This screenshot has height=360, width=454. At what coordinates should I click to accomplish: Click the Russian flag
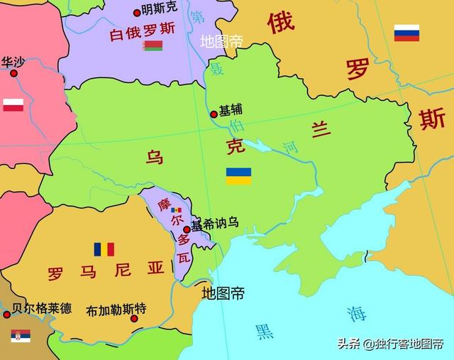(406, 33)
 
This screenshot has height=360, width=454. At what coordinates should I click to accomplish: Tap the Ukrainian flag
(238, 176)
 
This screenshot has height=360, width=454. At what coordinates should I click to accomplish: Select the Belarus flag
(153, 46)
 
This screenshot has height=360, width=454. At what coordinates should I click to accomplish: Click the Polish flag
(13, 105)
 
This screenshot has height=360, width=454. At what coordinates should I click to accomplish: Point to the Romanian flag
(104, 249)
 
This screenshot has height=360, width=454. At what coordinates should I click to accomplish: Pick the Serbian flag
(21, 335)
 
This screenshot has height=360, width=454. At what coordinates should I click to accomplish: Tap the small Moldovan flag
(176, 210)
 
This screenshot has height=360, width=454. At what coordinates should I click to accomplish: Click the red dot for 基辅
(214, 114)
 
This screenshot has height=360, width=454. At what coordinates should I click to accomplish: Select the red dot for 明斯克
(137, 12)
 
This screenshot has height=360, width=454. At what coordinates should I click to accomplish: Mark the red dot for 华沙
(13, 72)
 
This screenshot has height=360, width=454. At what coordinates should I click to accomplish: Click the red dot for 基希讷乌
(187, 229)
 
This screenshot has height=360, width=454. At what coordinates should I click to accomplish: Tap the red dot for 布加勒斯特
(133, 318)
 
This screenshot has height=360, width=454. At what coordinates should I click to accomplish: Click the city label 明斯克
(160, 10)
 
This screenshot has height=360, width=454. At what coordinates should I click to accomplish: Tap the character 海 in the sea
(357, 312)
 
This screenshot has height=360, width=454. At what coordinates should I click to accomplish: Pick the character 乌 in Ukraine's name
(155, 157)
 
